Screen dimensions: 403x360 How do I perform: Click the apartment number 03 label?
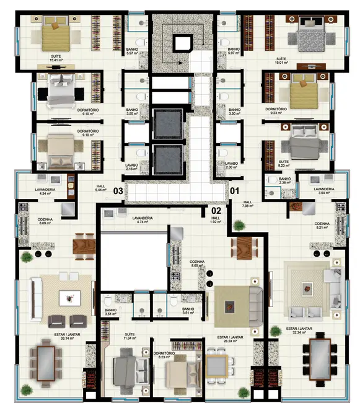(118, 190)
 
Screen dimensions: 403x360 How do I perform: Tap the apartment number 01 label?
(234, 190)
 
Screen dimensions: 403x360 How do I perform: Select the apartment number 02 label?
(216, 210)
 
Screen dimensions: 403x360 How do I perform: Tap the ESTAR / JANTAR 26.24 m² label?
(225, 340)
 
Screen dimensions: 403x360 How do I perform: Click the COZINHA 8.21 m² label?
(322, 226)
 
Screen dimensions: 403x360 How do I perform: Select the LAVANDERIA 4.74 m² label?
(143, 219)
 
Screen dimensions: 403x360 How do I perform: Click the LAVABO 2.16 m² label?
(132, 167)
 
